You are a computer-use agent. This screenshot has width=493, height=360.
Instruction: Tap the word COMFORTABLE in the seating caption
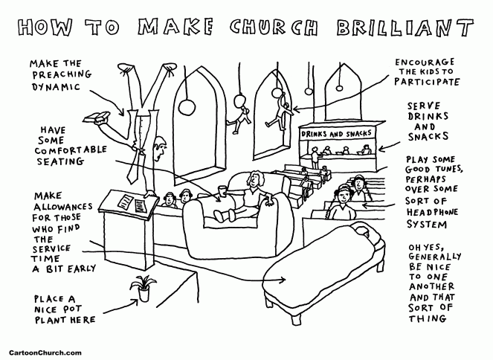click(70, 149)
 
